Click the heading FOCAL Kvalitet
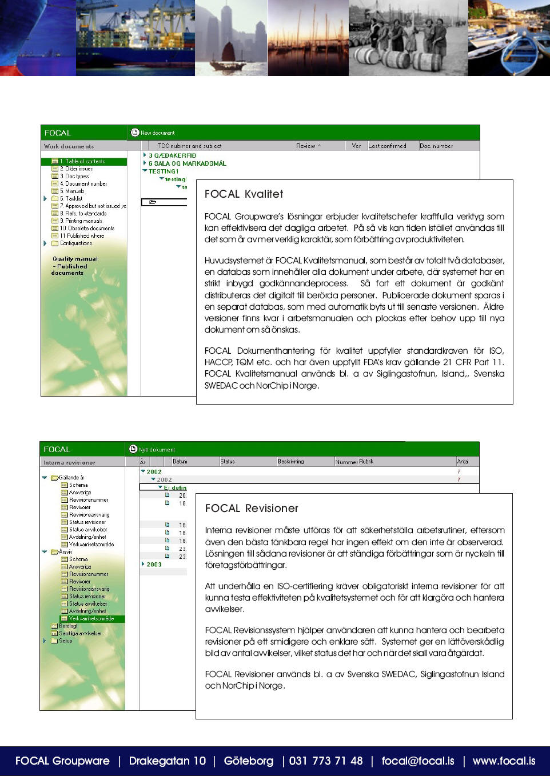coord(244,194)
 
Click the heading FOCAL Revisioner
coord(252,509)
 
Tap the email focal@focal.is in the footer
coord(418,761)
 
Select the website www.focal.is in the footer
coord(504,761)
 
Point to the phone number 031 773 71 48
coord(326,761)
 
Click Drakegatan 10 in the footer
coord(167,761)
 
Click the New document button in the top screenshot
coord(157,133)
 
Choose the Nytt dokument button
coord(156,450)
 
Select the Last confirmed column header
coord(387,146)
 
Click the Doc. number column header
coord(436,146)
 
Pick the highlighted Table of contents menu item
coord(85,162)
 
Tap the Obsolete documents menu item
coord(87,229)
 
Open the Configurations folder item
coord(75,243)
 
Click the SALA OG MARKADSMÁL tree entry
coord(187,163)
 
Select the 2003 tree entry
coord(154,565)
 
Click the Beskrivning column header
coord(291,462)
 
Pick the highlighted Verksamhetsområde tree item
coord(91,619)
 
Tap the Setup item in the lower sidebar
coord(65,641)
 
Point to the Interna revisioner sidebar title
coord(69,463)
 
